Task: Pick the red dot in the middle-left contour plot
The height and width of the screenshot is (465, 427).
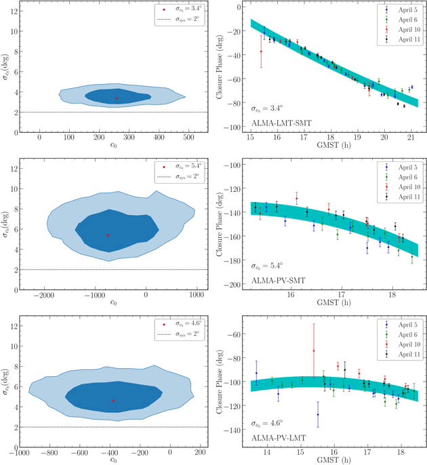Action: click(x=108, y=235)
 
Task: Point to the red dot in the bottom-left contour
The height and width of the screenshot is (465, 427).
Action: click(x=113, y=401)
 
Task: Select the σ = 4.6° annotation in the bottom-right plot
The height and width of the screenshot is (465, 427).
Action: click(x=264, y=422)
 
